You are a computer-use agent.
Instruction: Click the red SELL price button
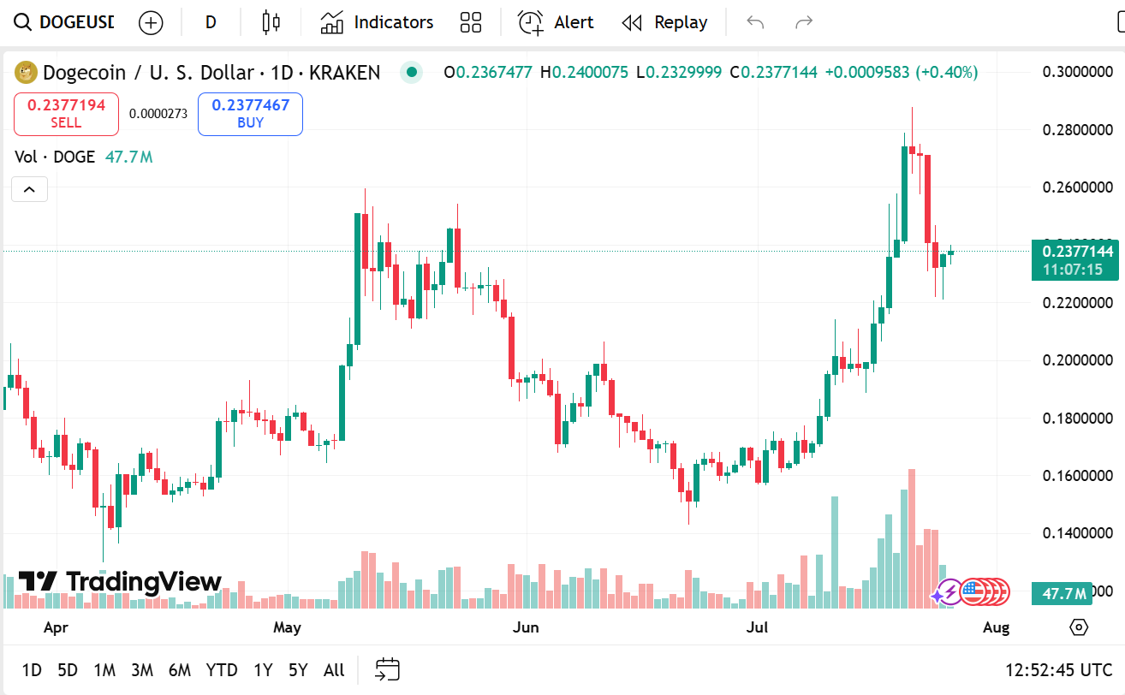click(x=66, y=114)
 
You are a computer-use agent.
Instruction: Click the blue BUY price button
click(x=250, y=114)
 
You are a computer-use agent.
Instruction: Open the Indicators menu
click(x=377, y=23)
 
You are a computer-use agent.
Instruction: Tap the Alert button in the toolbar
click(x=556, y=23)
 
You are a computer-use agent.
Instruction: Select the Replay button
click(x=664, y=23)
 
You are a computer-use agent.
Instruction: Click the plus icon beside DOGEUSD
click(x=151, y=23)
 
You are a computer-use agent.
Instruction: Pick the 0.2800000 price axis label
click(x=1077, y=130)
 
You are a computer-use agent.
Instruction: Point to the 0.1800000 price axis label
click(x=1077, y=418)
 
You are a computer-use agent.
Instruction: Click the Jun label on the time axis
click(x=526, y=628)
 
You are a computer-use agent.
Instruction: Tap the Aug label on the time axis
click(x=997, y=628)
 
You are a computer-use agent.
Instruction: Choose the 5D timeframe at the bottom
click(x=67, y=670)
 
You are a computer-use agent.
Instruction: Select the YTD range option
click(x=222, y=670)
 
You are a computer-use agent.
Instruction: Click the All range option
click(x=334, y=670)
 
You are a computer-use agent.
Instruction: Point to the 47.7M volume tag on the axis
click(x=1061, y=593)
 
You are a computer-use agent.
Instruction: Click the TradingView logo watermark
click(x=120, y=582)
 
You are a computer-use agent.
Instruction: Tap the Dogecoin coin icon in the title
click(x=27, y=73)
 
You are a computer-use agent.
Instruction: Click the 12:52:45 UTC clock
click(x=1059, y=670)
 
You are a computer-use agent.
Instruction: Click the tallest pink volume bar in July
click(x=912, y=539)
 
